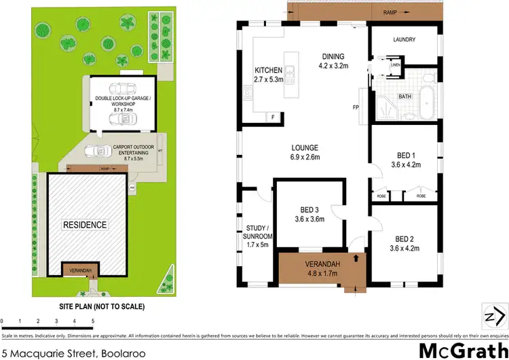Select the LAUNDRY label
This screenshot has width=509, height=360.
404,39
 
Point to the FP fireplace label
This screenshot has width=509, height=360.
355,108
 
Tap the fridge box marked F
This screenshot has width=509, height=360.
274,118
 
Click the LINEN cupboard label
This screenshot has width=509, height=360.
396,65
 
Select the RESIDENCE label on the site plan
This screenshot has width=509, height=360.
85,225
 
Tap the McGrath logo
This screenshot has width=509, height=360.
462,350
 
